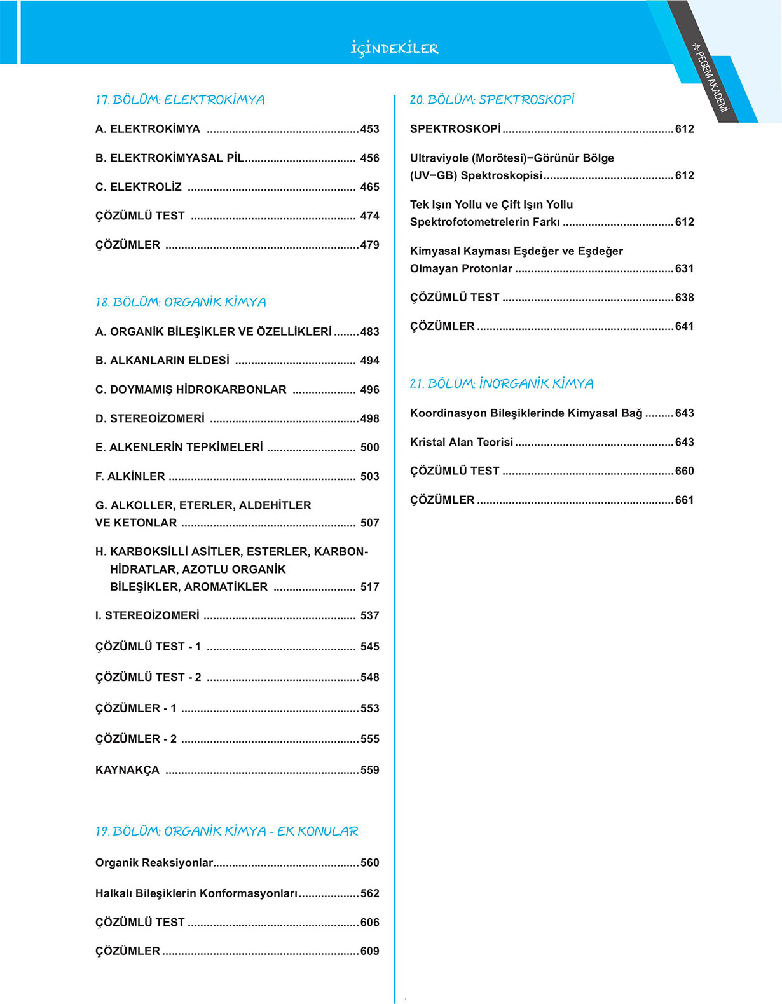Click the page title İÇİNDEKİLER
pyautogui.click(x=394, y=48)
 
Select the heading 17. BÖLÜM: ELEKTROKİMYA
pyautogui.click(x=180, y=100)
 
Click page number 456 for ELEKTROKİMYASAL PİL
pyautogui.click(x=369, y=158)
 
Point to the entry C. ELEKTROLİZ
pyautogui.click(x=139, y=187)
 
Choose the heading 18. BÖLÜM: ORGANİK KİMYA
pyautogui.click(x=181, y=302)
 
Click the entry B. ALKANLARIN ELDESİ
pyautogui.click(x=162, y=361)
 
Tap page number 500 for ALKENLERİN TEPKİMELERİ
pyautogui.click(x=369, y=448)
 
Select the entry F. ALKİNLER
pyautogui.click(x=130, y=476)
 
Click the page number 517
pyautogui.click(x=369, y=587)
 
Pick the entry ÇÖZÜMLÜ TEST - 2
pyautogui.click(x=148, y=677)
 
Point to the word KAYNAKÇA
pyautogui.click(x=127, y=770)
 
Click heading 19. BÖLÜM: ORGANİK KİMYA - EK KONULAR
pyautogui.click(x=227, y=831)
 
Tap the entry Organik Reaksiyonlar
pyautogui.click(x=154, y=863)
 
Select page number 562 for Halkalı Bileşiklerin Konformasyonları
pyautogui.click(x=369, y=893)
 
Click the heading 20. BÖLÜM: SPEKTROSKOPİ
pyautogui.click(x=492, y=100)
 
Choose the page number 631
pyautogui.click(x=684, y=268)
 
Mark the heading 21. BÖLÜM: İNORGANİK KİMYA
pyautogui.click(x=502, y=383)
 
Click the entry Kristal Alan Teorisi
pyautogui.click(x=462, y=442)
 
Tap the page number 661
pyautogui.click(x=684, y=500)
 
